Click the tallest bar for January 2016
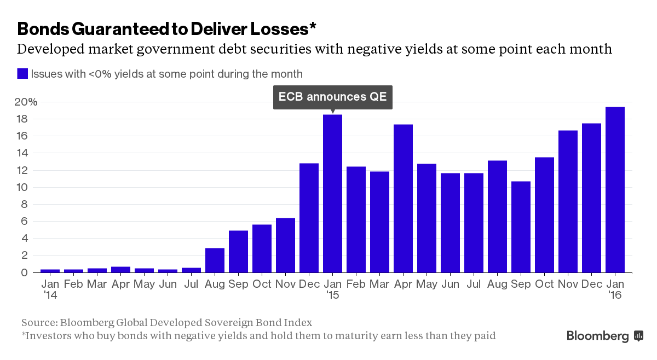coord(615,189)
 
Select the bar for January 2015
coord(332,193)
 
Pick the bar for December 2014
coord(309,217)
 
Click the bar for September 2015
coord(521,227)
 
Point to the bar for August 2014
coord(215,260)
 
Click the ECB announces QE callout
coord(332,97)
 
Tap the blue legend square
coord(22,73)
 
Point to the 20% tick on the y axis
coord(26,102)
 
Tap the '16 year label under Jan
coord(615,295)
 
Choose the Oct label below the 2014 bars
coord(262,284)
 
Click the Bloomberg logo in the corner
coord(604,335)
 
